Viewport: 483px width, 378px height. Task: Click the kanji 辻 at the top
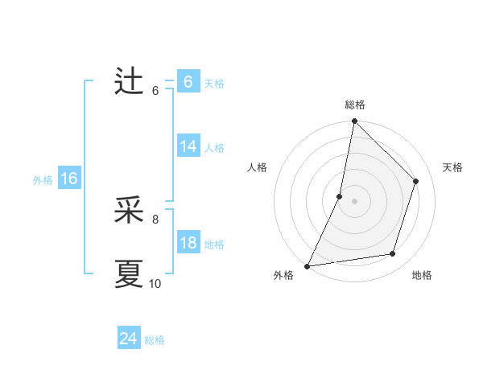[129, 81]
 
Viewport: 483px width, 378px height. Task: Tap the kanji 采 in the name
[129, 211]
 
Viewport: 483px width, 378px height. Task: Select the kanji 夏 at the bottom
[129, 273]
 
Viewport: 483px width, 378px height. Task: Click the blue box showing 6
[188, 82]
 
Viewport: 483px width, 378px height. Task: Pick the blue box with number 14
[188, 146]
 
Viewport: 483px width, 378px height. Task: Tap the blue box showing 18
[188, 243]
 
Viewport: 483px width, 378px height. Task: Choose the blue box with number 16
[69, 179]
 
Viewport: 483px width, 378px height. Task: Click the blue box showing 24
[128, 339]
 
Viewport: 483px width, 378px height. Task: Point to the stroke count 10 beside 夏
[155, 283]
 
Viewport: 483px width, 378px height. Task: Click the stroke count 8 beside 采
[155, 218]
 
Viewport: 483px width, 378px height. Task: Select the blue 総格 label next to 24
[155, 340]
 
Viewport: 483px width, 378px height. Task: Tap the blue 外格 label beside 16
[43, 180]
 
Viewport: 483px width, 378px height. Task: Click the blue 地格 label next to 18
[214, 244]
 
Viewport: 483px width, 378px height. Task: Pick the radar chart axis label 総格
[354, 105]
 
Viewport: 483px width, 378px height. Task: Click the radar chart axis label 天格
[452, 167]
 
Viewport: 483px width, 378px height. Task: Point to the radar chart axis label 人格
[257, 167]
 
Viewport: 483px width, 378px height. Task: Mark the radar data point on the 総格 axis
[354, 121]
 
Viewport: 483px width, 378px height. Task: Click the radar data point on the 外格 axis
[307, 266]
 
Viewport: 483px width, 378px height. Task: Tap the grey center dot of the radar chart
[354, 201]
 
